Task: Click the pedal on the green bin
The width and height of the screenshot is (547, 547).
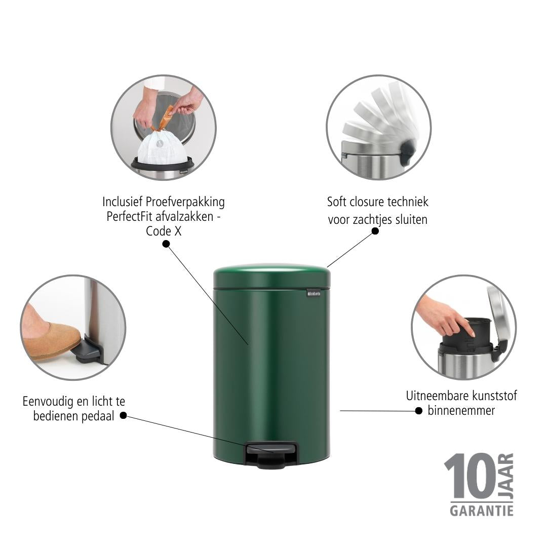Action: coord(272,454)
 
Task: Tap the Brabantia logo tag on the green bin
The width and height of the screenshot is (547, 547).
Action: coord(314,293)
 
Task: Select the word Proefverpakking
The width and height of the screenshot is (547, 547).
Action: coord(185,202)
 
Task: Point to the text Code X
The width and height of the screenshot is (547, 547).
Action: coord(164,231)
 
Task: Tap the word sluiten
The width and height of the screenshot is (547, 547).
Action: coord(411,220)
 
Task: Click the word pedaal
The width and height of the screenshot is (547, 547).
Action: coord(98,416)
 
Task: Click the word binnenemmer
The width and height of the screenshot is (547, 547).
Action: coord(461,411)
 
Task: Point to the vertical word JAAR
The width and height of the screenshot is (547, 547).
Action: coord(506,476)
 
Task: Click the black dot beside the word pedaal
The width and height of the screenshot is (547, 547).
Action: coord(123,415)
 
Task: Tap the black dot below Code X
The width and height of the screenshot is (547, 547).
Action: coord(166,244)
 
